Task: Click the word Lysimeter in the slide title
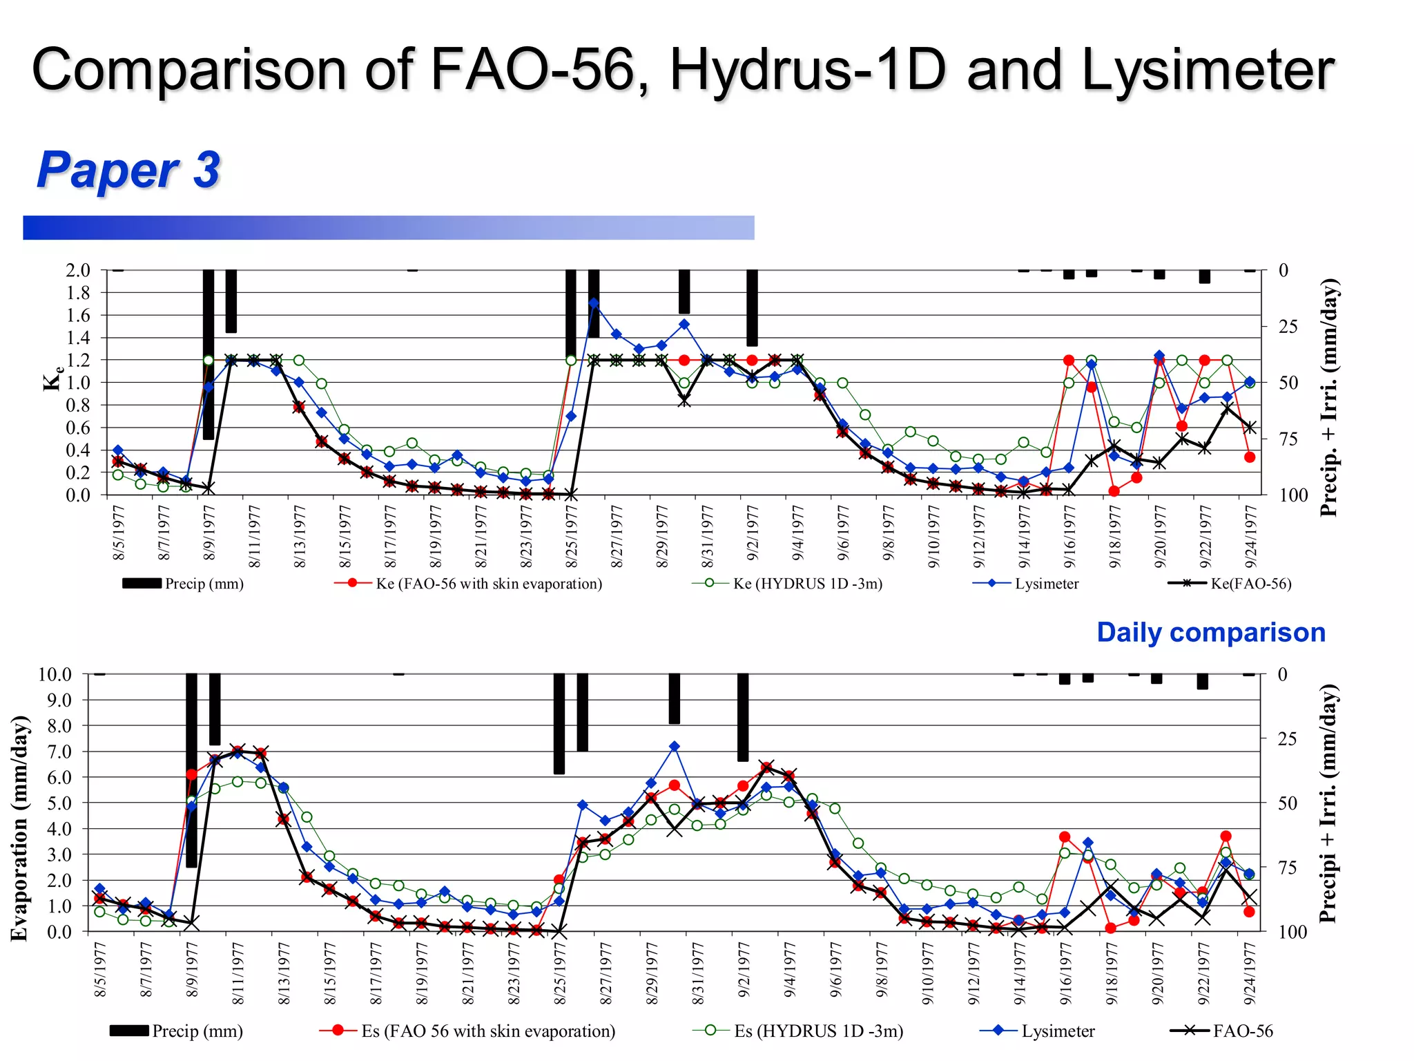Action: tap(1208, 70)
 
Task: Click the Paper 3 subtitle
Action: tap(128, 170)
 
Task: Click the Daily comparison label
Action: tap(1211, 632)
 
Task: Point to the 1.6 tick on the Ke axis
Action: tap(78, 316)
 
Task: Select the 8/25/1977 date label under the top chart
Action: tap(571, 536)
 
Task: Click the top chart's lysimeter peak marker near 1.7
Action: tap(594, 303)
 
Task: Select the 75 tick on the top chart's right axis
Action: tap(1288, 439)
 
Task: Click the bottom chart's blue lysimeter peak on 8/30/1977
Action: tap(675, 747)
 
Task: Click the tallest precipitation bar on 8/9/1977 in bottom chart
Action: tap(192, 770)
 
